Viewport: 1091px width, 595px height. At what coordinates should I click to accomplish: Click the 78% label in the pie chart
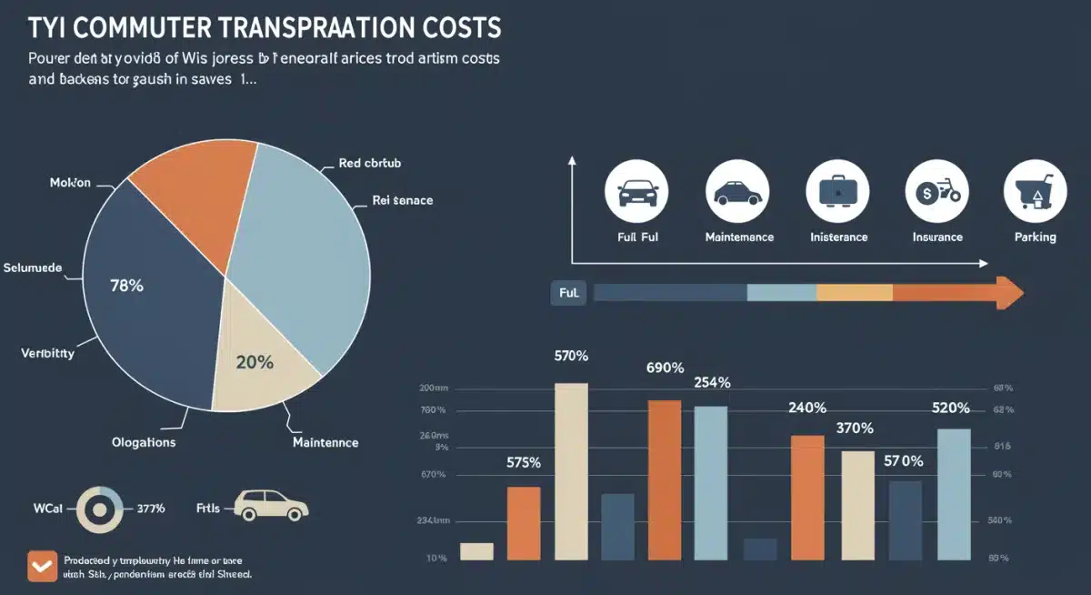[x=126, y=286]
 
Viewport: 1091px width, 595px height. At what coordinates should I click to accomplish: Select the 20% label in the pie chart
[x=254, y=361]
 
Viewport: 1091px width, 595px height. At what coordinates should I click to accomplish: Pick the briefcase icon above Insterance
[x=837, y=191]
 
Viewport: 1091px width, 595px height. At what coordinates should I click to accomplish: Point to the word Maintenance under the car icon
[x=739, y=237]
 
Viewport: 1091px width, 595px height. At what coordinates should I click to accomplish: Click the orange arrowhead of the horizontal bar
[x=1008, y=292]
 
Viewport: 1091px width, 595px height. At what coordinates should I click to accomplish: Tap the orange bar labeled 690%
[x=665, y=479]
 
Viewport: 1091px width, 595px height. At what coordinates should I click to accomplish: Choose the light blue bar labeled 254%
[x=711, y=482]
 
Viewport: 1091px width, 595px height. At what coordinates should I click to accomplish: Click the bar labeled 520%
[x=954, y=494]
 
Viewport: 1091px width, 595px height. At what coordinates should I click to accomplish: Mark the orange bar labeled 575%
[x=524, y=523]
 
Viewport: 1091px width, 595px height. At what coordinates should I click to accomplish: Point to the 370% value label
[x=855, y=428]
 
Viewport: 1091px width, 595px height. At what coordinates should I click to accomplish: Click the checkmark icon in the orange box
[x=41, y=566]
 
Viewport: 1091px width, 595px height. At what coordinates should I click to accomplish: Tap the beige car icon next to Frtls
[x=271, y=506]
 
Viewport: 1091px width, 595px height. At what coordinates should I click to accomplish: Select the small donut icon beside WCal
[x=99, y=509]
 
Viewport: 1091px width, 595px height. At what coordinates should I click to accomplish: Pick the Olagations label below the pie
[x=143, y=442]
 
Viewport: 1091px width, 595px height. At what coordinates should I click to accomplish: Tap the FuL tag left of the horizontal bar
[x=570, y=293]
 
